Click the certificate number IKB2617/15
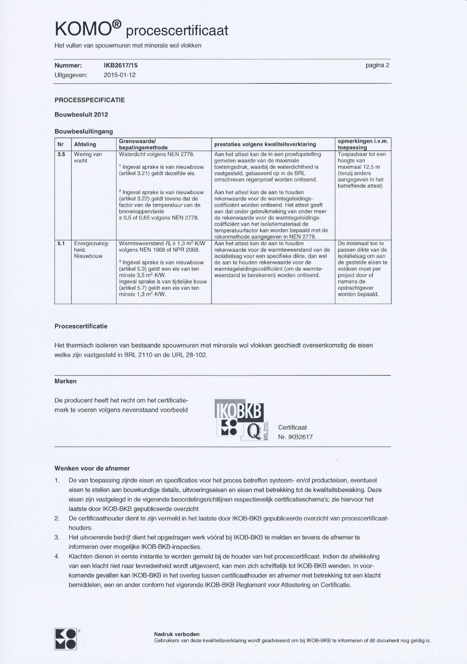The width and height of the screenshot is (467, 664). (x=120, y=65)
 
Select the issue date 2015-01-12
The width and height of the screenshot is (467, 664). (x=120, y=75)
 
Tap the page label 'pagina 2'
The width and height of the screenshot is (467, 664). (x=377, y=65)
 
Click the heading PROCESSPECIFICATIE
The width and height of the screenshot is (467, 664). (x=90, y=100)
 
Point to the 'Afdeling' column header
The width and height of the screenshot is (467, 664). (x=85, y=144)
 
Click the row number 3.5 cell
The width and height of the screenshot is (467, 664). (x=61, y=154)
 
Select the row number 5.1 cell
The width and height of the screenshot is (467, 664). (x=61, y=244)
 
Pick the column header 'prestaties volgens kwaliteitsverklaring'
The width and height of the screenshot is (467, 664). (x=265, y=144)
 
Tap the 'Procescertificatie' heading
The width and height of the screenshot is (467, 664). (x=81, y=326)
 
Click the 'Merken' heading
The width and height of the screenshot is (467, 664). (x=65, y=381)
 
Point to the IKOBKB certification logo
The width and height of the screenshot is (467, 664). (x=242, y=420)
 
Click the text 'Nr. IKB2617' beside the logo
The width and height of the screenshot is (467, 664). (x=295, y=437)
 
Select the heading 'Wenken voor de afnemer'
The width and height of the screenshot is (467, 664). (x=92, y=468)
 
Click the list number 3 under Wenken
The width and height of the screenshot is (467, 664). (x=57, y=537)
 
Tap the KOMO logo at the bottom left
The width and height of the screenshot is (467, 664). (x=65, y=639)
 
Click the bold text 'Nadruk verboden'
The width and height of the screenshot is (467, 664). (x=177, y=634)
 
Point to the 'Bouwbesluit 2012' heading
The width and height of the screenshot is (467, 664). (x=81, y=115)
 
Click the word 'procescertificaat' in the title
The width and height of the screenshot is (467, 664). (x=177, y=31)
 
